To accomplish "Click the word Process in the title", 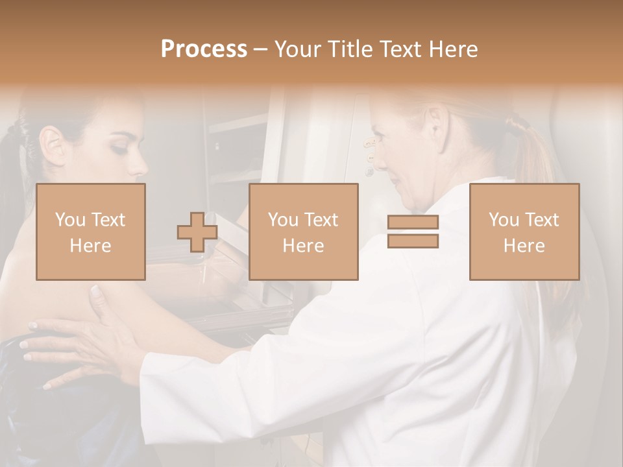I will click(x=204, y=49).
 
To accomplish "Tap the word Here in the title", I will click(x=451, y=49).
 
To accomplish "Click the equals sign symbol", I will click(x=413, y=232).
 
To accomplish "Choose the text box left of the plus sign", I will click(x=90, y=232).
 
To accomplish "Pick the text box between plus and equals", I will click(x=303, y=232).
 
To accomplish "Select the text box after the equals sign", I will click(x=524, y=232).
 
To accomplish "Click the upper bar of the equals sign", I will click(x=413, y=222).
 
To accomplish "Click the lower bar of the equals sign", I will click(x=413, y=241).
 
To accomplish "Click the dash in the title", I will click(x=260, y=49).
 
